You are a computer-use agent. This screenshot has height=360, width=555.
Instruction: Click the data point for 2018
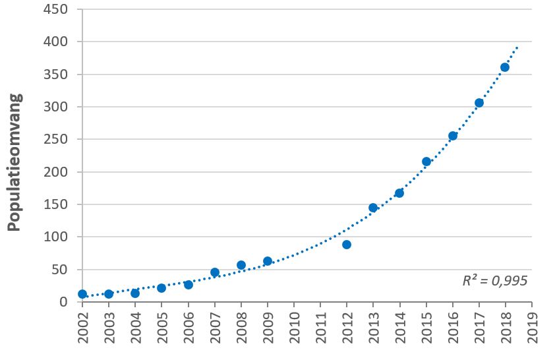[505, 67]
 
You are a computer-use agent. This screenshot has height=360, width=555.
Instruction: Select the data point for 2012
[347, 245]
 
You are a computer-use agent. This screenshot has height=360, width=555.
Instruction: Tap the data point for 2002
[82, 294]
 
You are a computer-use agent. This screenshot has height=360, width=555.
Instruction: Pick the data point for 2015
[426, 162]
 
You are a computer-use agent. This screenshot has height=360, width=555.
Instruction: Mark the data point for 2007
[215, 272]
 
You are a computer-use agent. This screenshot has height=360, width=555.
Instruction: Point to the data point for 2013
[373, 208]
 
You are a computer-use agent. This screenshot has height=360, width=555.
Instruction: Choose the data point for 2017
[479, 103]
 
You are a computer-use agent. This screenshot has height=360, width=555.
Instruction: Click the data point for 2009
[268, 261]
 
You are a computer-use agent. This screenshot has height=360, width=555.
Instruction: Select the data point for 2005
[161, 288]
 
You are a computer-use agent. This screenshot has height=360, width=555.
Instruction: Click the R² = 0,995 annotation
[495, 281]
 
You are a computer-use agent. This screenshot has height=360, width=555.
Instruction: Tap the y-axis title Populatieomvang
[15, 162]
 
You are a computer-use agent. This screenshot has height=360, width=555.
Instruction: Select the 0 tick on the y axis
[63, 302]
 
